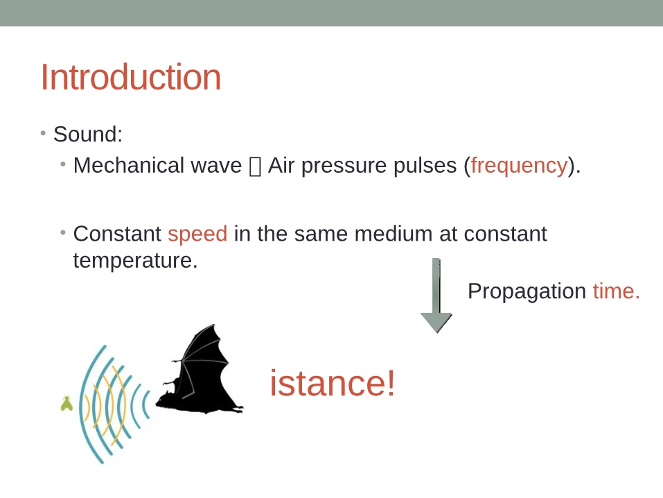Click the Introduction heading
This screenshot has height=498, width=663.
(131, 77)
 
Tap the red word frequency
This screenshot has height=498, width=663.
(519, 166)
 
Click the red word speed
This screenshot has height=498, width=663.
(197, 234)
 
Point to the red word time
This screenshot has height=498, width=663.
(617, 291)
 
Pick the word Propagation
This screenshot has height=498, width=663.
(527, 292)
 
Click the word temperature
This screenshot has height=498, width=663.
(135, 260)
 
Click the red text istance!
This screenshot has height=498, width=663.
(333, 383)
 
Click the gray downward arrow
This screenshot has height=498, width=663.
(436, 295)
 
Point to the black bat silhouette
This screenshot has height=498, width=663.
(200, 370)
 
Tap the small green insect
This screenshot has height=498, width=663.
(67, 403)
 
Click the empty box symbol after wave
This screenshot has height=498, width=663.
(255, 166)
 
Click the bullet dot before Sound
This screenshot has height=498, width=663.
(43, 134)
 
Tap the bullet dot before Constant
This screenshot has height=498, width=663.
(63, 232)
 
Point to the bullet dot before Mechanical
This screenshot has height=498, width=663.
(63, 164)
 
